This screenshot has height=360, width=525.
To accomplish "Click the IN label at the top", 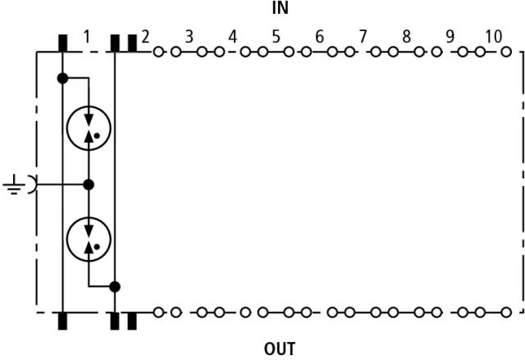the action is pyautogui.click(x=281, y=8).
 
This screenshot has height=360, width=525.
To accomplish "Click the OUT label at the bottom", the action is pyautogui.click(x=280, y=349).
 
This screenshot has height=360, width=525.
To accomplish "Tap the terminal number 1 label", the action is pyautogui.click(x=87, y=36).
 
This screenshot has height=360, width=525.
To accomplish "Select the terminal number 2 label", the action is pyautogui.click(x=145, y=37).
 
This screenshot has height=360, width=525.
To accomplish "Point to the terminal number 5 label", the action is pyautogui.click(x=276, y=36).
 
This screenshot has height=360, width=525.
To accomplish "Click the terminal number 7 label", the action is pyautogui.click(x=363, y=36).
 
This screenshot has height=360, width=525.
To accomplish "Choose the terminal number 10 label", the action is pyautogui.click(x=494, y=36).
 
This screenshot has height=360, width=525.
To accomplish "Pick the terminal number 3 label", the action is pyautogui.click(x=189, y=37).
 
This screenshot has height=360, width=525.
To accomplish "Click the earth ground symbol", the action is pyautogui.click(x=13, y=185).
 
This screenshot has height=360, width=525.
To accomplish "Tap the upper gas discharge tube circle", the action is pyautogui.click(x=67, y=128).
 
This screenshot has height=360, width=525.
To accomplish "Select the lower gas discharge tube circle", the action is pyautogui.click(x=67, y=239).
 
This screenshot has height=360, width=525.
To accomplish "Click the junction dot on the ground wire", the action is pyautogui.click(x=89, y=185).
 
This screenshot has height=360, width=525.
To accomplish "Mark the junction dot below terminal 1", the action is pyautogui.click(x=62, y=78).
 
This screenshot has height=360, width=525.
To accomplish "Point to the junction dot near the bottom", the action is pyautogui.click(x=115, y=287).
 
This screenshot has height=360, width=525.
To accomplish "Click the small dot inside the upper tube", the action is pyautogui.click(x=97, y=136).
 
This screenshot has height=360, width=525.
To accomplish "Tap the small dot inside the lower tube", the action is pyautogui.click(x=97, y=247).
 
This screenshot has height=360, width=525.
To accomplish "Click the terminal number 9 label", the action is pyautogui.click(x=450, y=36).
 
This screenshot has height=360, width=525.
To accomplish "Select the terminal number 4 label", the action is pyautogui.click(x=233, y=37).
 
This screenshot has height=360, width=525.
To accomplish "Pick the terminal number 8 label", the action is pyautogui.click(x=407, y=36).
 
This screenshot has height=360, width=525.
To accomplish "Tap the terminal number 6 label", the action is pyautogui.click(x=319, y=36).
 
